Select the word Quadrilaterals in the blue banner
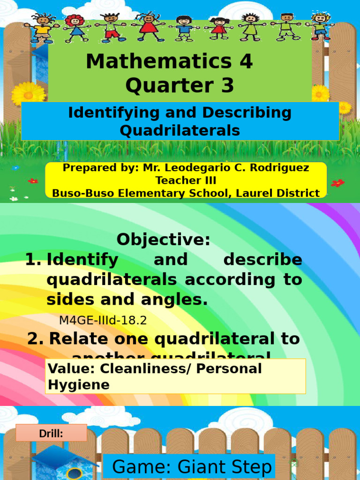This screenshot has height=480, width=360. pos(180,130)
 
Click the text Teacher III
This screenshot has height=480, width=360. pos(186,180)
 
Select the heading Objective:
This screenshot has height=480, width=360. pos(164,240)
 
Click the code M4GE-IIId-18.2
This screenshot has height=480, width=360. pos(103,321)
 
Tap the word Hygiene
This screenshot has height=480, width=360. pos(78,385)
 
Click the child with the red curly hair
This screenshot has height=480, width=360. pos(74,27)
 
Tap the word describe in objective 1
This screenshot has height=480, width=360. pos(262,259)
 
